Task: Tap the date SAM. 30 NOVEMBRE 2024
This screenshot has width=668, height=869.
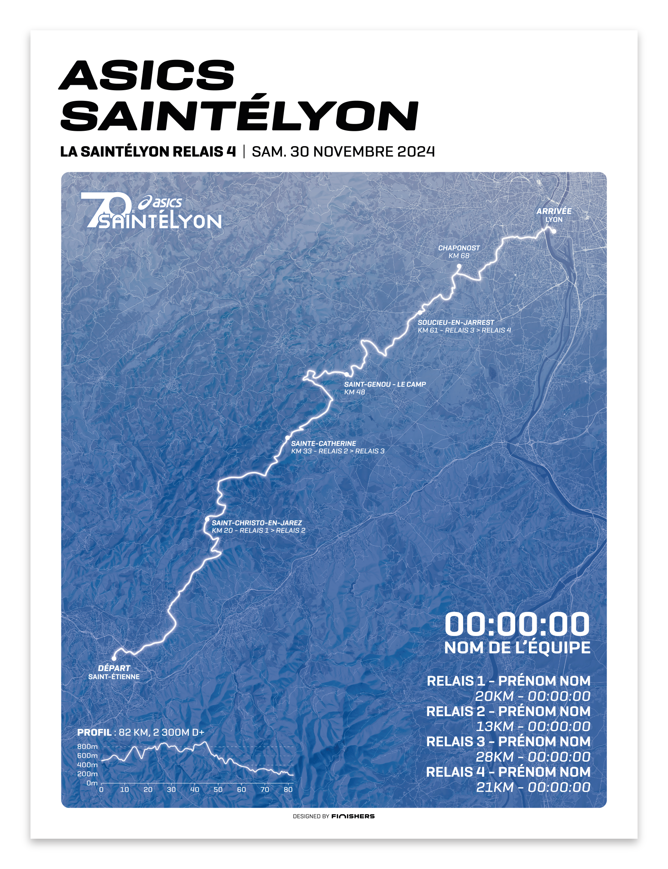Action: [x=343, y=152]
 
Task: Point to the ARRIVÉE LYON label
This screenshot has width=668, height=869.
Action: [x=553, y=215]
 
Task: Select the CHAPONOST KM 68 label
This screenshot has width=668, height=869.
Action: [x=459, y=252]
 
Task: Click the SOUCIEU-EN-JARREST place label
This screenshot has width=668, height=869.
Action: [x=456, y=323]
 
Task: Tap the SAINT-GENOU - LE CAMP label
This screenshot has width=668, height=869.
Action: [x=385, y=385]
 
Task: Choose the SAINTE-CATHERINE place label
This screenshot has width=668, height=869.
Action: [x=323, y=443]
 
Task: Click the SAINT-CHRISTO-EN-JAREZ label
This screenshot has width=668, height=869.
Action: [x=257, y=523]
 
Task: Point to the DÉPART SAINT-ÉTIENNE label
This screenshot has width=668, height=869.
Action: [x=114, y=672]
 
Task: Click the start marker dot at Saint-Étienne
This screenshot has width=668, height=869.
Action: [x=114, y=658]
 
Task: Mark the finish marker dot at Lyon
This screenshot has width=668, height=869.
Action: [x=553, y=231]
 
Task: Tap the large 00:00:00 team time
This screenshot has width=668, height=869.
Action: [x=517, y=624]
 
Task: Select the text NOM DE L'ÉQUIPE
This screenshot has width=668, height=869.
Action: [x=517, y=648]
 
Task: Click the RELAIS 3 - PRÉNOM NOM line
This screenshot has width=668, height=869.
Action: [x=508, y=741]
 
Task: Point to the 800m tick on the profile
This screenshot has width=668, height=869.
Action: [x=87, y=747]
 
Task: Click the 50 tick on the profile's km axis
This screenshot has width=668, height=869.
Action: [x=218, y=790]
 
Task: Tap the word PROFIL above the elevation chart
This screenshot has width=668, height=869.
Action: [x=94, y=732]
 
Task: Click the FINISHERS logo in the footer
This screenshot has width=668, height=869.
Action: [x=353, y=816]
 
